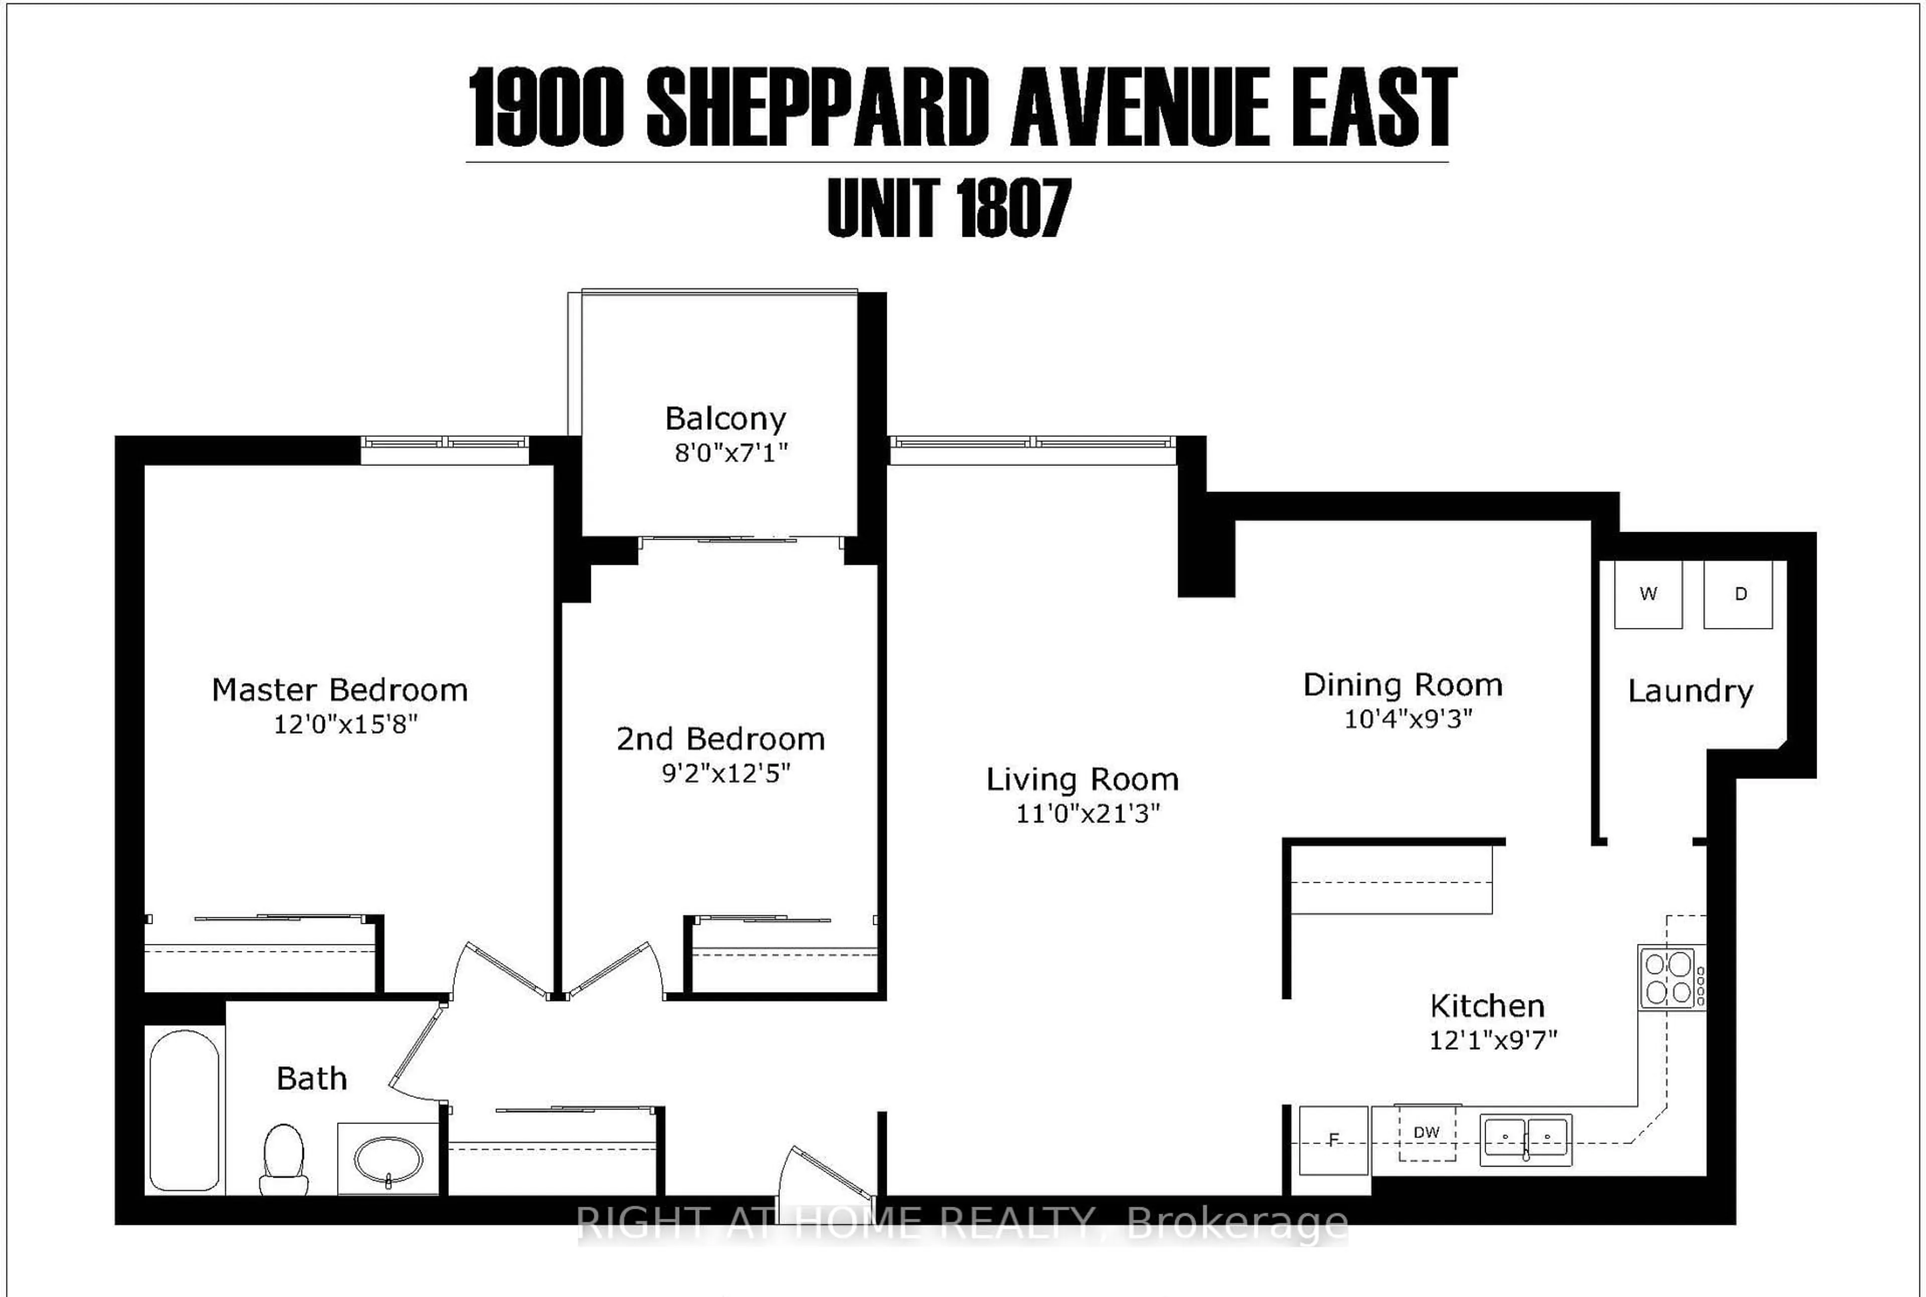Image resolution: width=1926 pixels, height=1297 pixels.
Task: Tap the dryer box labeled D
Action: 1738,594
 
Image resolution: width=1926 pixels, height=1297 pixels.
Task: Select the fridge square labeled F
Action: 1333,1141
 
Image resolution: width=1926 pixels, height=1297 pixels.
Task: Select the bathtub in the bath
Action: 185,1109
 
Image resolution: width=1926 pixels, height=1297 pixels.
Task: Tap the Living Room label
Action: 1082,779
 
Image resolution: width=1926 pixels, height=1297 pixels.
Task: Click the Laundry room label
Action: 1690,691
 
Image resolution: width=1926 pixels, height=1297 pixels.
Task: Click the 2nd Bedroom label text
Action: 720,739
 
